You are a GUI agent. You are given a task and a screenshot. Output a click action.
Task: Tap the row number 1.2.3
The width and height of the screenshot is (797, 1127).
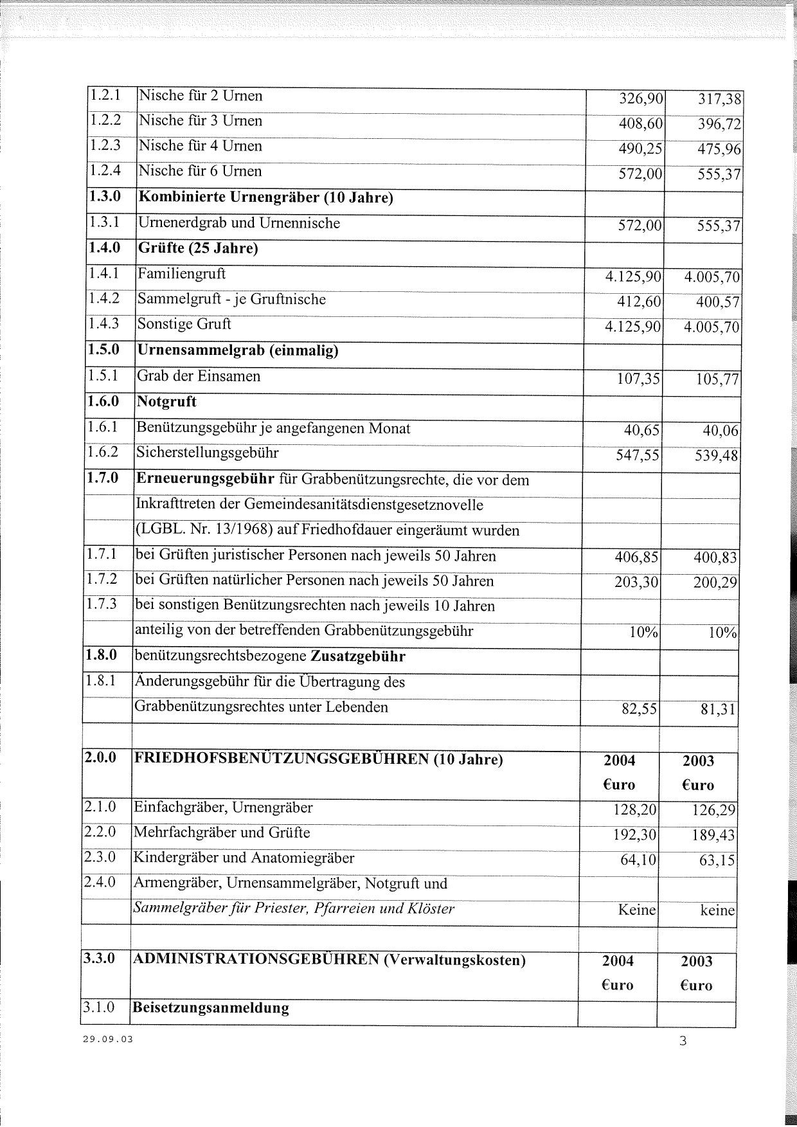(x=105, y=145)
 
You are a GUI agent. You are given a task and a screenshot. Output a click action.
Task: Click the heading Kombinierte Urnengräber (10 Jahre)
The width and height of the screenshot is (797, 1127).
(x=265, y=197)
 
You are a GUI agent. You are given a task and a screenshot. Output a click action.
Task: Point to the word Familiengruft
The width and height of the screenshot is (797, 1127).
(x=182, y=274)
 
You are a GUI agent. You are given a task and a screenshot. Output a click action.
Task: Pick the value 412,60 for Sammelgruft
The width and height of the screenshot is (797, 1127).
(x=639, y=302)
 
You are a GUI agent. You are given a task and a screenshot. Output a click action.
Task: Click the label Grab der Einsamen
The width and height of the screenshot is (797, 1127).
(x=199, y=376)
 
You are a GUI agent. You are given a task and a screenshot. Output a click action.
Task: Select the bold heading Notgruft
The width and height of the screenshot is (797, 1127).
(x=166, y=402)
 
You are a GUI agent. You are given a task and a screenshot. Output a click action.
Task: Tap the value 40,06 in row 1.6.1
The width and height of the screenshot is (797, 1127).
(x=719, y=431)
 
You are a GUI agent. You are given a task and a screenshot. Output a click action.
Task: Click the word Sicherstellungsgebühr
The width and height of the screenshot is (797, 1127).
(x=207, y=453)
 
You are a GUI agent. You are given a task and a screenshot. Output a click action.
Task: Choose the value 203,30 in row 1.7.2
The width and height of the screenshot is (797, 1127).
(x=636, y=582)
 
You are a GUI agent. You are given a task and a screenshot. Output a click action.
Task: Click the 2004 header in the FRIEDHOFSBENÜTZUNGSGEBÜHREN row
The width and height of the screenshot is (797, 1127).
(x=620, y=761)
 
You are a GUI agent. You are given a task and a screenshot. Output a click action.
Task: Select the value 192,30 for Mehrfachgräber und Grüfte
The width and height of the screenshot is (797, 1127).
(x=635, y=836)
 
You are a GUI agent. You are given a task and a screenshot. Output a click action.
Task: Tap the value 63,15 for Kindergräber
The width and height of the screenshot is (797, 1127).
(x=717, y=861)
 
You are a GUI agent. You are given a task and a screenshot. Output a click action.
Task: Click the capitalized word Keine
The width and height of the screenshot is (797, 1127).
(x=636, y=910)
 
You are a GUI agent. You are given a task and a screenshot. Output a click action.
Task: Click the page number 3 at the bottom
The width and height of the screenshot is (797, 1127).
(x=683, y=1041)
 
